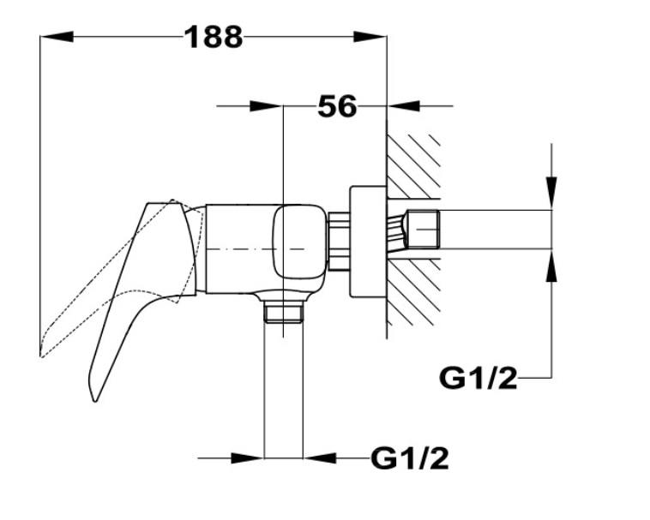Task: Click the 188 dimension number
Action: coord(214,37)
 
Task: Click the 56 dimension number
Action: coord(337,106)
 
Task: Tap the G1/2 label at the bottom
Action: coord(410,458)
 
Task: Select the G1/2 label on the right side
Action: coord(478,378)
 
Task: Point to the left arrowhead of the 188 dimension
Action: coord(57,37)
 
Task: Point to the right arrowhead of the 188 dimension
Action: coord(370,37)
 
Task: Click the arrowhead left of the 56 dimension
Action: coord(266,106)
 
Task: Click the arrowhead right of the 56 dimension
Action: coord(404,106)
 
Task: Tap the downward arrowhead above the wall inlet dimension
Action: coord(551,193)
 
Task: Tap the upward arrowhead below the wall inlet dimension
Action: coord(551,266)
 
